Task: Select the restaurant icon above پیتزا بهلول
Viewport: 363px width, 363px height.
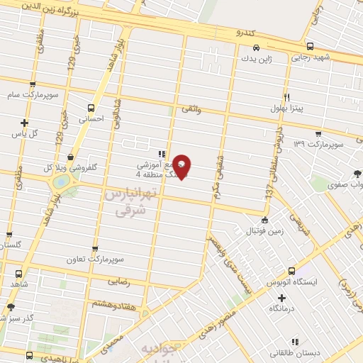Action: [x=286, y=98]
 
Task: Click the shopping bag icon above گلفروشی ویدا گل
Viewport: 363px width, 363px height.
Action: [x=69, y=157]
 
